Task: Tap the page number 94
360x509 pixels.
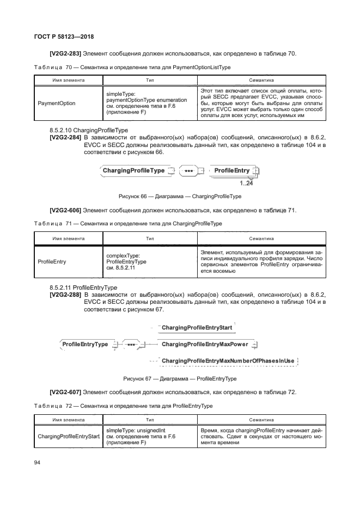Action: [38, 463]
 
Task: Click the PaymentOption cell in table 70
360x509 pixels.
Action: [57, 103]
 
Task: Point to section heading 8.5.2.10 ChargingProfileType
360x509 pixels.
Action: [88, 131]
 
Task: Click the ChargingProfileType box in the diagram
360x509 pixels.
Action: [133, 171]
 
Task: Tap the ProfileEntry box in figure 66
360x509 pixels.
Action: [232, 171]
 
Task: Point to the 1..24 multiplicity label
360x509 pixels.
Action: [246, 183]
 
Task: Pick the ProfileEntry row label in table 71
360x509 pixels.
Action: [52, 261]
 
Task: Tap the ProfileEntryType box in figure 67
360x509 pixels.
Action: [85, 345]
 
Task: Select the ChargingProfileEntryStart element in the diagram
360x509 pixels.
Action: [197, 328]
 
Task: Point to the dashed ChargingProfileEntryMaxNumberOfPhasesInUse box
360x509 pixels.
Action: [228, 361]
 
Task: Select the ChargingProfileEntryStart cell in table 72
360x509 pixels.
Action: [68, 437]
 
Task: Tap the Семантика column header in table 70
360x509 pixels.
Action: [261, 79]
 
